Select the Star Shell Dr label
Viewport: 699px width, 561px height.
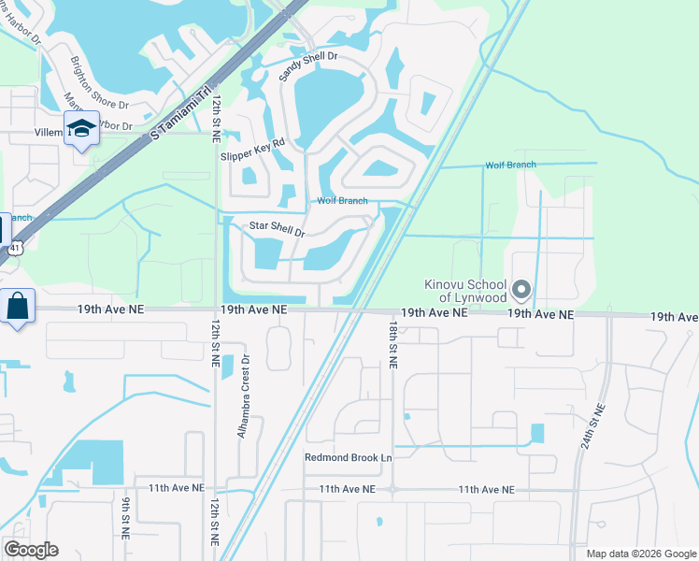point(278,228)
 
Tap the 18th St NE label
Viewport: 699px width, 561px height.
point(392,347)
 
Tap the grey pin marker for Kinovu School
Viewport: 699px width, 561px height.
point(521,290)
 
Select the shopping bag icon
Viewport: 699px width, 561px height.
point(19,306)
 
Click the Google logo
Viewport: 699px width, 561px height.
point(31,549)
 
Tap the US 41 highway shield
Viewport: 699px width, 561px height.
point(14,249)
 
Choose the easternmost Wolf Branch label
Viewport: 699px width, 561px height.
point(510,165)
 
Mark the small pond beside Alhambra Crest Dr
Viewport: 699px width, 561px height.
point(226,381)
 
